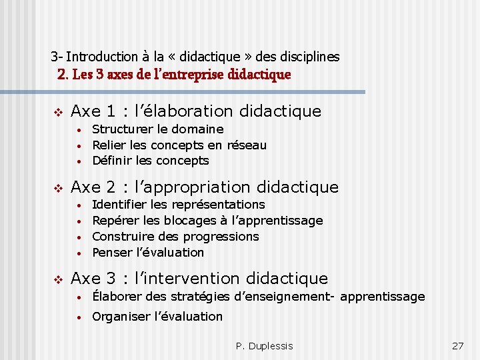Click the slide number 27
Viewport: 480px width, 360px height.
pos(457,346)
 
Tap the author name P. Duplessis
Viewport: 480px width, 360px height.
pos(264,346)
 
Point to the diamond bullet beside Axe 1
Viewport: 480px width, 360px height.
pos(59,111)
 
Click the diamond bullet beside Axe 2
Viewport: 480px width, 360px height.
pos(59,187)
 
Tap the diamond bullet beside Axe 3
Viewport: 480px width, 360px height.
pos(59,278)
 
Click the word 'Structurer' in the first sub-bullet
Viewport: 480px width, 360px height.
pos(121,129)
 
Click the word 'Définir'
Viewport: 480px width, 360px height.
pos(111,161)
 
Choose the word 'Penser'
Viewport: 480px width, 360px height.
pos(111,253)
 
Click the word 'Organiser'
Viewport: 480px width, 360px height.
pos(120,317)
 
